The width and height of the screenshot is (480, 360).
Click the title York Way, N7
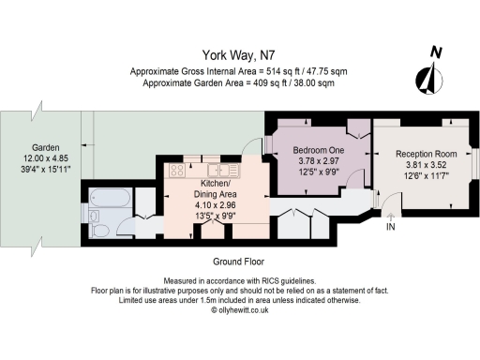coord(239,55)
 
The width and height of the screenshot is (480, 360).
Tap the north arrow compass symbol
coord(431,73)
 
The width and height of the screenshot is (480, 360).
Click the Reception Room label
coord(426,154)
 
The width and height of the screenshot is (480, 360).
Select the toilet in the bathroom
coord(97,216)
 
